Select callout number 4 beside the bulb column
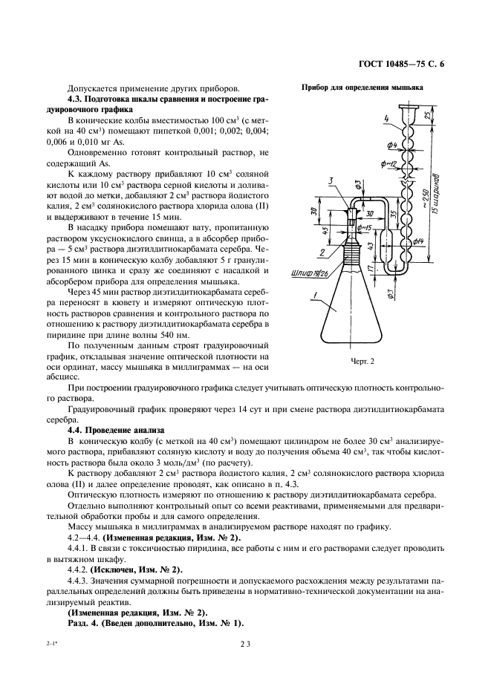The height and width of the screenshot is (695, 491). tap(387, 118)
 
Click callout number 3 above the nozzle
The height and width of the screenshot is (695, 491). tap(337, 180)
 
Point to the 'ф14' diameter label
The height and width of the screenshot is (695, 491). tap(417, 241)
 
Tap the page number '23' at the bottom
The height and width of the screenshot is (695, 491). tap(244, 645)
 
